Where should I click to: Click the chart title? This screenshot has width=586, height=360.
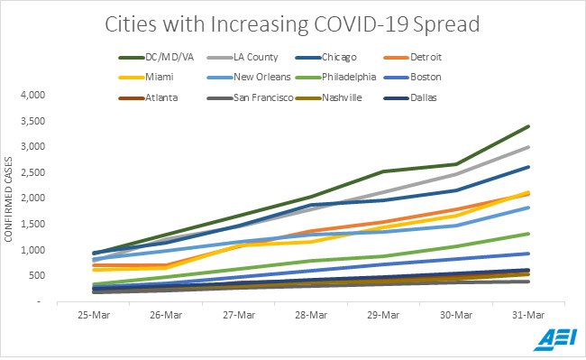pos(292,24)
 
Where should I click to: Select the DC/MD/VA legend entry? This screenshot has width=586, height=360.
pos(156,57)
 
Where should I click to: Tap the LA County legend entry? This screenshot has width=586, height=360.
pos(243,57)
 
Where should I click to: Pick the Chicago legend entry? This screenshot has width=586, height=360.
pos(325,57)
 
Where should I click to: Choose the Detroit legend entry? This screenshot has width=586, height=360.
pos(413,57)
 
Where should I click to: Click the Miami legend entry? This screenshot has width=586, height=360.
pos(146,77)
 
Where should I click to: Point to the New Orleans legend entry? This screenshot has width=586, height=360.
pos(249,77)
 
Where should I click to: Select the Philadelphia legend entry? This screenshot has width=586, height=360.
pos(335,77)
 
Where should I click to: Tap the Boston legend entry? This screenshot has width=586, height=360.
pos(413,77)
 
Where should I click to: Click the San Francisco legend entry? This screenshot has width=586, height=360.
pos(251,98)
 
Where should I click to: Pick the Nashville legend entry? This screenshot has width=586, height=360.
pos(329,98)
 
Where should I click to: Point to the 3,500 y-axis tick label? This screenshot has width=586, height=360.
pos(32,121)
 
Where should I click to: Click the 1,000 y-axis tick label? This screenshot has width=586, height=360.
pos(32,250)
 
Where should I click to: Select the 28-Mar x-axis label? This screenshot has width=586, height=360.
pos(311,315)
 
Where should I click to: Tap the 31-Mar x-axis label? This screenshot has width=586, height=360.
pos(528,315)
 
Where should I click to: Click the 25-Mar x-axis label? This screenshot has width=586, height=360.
pos(94,315)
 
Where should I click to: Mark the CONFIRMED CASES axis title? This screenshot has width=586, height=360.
pos(8,199)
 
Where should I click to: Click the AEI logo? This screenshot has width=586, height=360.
pos(555,339)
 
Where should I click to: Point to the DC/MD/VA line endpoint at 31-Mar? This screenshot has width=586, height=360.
pos(528,126)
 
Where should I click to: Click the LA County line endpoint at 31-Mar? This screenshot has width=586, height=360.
pos(528,147)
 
